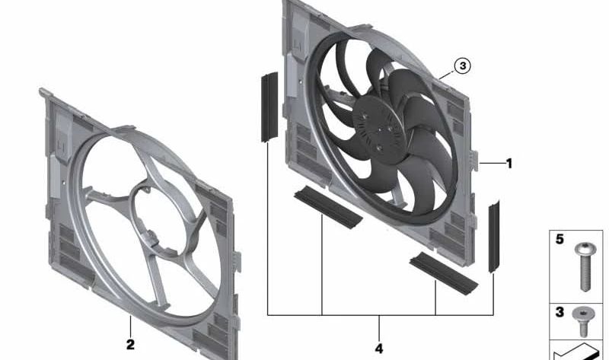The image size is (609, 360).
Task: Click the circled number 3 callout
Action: tap(463, 66)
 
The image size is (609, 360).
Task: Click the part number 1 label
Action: tap(509, 164)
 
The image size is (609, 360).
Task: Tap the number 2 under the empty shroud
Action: tap(130, 344)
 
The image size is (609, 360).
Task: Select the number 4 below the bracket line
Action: tap(379, 349)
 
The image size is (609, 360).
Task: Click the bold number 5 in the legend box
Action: tap(560, 239)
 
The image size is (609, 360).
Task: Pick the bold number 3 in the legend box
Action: tap(560, 312)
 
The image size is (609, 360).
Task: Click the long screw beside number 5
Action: tap(585, 267)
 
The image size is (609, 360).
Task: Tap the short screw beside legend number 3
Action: tap(583, 321)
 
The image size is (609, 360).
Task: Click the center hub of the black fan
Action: tap(378, 129)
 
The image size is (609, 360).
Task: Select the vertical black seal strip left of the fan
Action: tap(269, 107)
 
